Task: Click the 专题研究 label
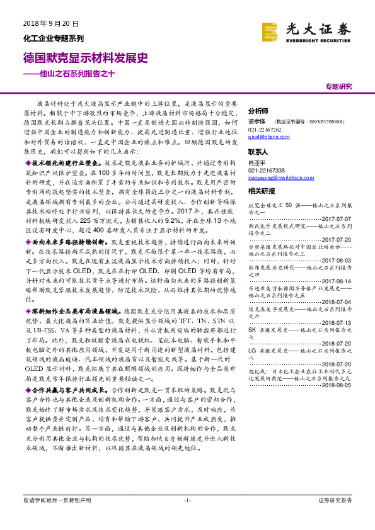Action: (x=338, y=86)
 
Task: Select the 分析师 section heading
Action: (x=258, y=108)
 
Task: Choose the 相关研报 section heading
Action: (x=261, y=190)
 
